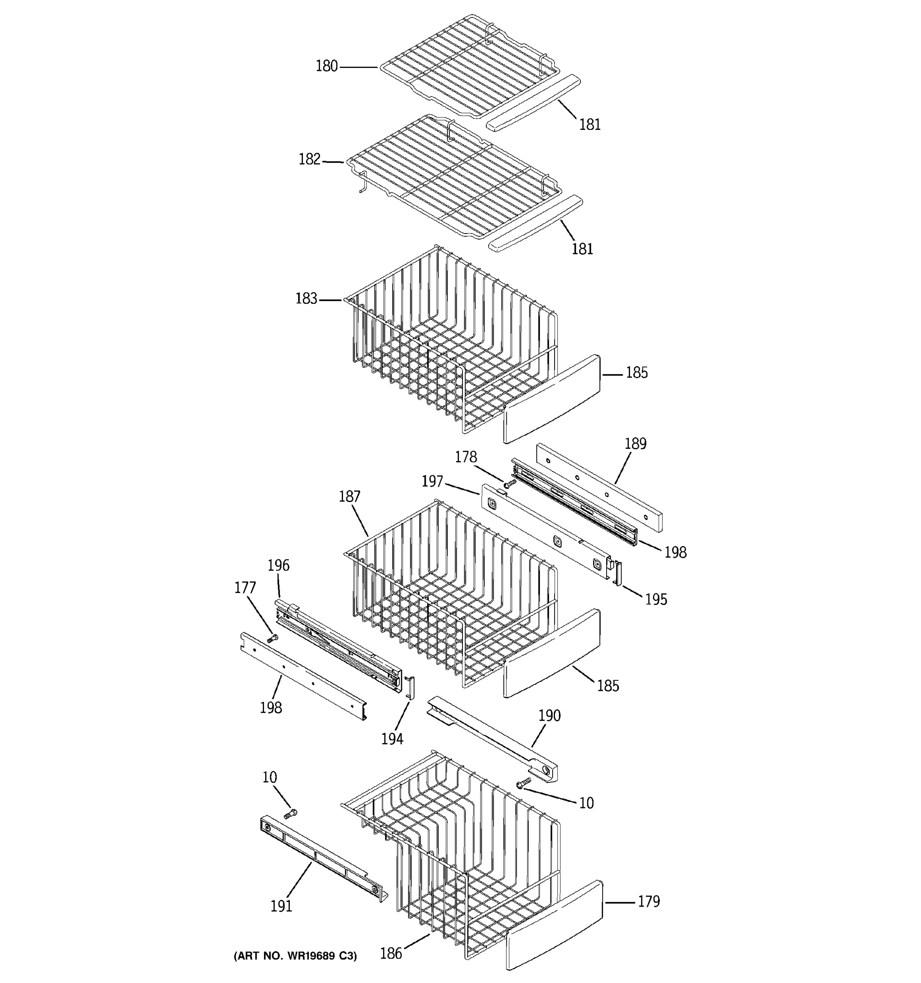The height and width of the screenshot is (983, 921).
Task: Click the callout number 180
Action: [327, 66]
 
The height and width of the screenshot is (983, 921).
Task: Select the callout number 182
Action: [309, 159]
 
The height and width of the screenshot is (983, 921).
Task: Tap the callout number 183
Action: [306, 299]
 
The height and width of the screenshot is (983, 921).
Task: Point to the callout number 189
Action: [635, 444]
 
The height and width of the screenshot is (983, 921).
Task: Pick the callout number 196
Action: [278, 565]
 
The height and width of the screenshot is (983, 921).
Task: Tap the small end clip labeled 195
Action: [618, 573]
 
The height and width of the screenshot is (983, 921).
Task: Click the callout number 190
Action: [549, 716]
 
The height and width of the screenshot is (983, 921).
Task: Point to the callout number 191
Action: [281, 906]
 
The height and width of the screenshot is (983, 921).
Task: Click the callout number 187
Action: [349, 496]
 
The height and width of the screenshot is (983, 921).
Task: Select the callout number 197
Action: [432, 481]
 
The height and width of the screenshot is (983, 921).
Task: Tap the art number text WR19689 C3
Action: [295, 956]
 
